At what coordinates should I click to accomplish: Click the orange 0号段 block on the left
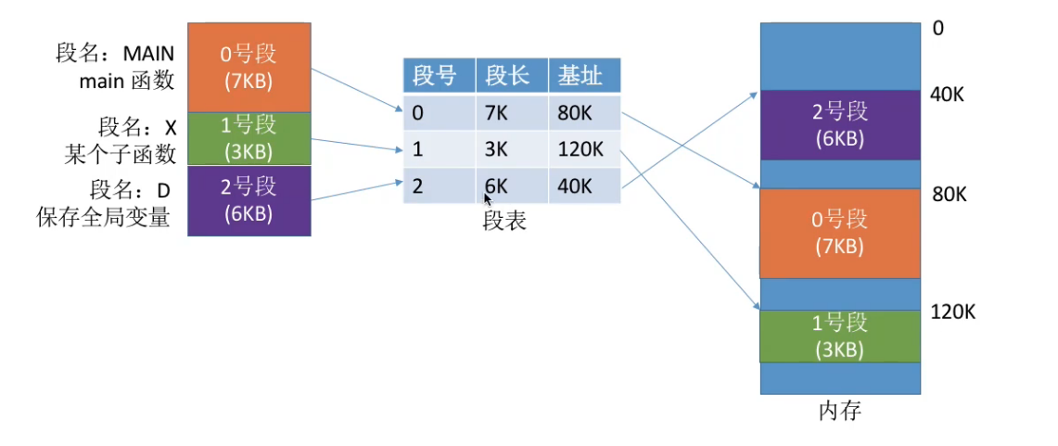click(248, 68)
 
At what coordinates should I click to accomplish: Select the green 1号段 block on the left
click(248, 138)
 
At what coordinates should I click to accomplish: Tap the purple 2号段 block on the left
click(248, 198)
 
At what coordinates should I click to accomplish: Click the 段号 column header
click(438, 75)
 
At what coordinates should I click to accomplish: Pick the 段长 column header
click(511, 75)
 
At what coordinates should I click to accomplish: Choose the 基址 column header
click(583, 75)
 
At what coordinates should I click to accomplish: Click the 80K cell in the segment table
click(575, 114)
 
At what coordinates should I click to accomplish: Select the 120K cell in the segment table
click(580, 149)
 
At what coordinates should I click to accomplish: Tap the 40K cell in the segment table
click(575, 185)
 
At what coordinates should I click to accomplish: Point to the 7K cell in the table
click(496, 114)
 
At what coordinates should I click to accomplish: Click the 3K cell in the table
click(496, 149)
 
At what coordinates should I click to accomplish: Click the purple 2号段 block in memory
click(840, 125)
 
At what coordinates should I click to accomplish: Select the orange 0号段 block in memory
click(840, 233)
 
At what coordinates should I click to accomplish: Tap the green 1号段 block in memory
click(840, 336)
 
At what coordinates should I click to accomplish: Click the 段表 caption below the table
click(504, 221)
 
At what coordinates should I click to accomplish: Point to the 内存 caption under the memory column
click(840, 410)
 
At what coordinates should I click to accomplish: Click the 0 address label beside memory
click(938, 29)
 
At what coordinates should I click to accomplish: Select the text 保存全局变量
click(103, 220)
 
